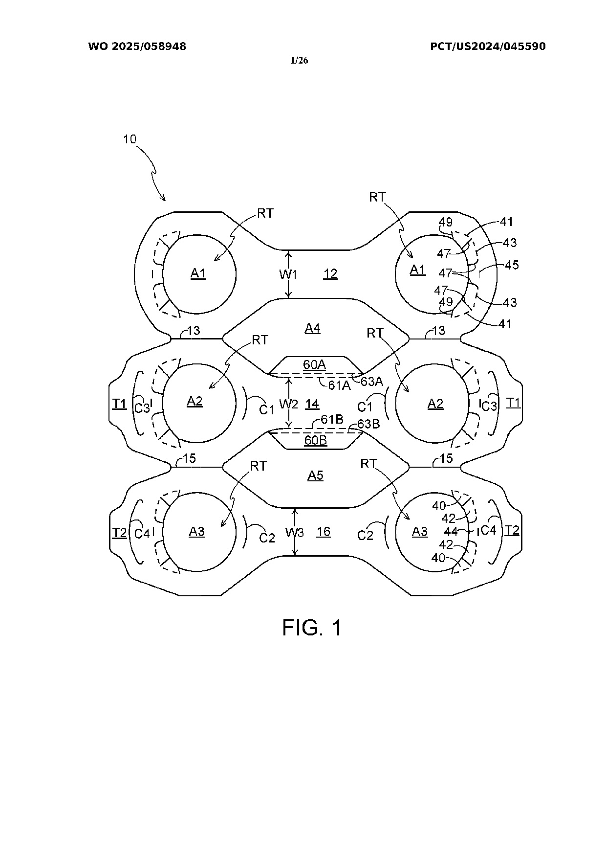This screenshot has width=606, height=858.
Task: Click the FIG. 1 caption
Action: (312, 628)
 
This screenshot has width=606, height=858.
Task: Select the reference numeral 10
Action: (130, 139)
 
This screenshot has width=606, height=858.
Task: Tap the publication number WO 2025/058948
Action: (137, 46)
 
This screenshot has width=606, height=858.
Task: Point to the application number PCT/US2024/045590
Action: (488, 46)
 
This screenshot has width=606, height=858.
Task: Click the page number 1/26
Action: (299, 61)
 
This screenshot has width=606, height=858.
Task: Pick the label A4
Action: (313, 328)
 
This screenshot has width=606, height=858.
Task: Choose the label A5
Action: (315, 475)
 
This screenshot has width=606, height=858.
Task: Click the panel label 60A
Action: (315, 364)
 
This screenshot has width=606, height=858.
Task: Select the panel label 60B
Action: (316, 440)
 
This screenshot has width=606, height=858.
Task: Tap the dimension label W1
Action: (288, 274)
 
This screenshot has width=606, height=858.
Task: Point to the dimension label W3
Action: (295, 532)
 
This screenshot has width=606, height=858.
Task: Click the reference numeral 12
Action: (330, 273)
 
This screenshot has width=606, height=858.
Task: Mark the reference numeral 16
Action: (324, 532)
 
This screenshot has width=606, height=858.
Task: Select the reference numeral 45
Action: (512, 265)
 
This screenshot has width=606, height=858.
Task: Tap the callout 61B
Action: (332, 420)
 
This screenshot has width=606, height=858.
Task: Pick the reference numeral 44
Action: (451, 531)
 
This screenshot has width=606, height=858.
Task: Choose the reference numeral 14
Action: (312, 404)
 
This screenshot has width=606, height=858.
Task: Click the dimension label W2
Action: (288, 404)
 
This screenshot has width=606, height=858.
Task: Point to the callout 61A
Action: (339, 385)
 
